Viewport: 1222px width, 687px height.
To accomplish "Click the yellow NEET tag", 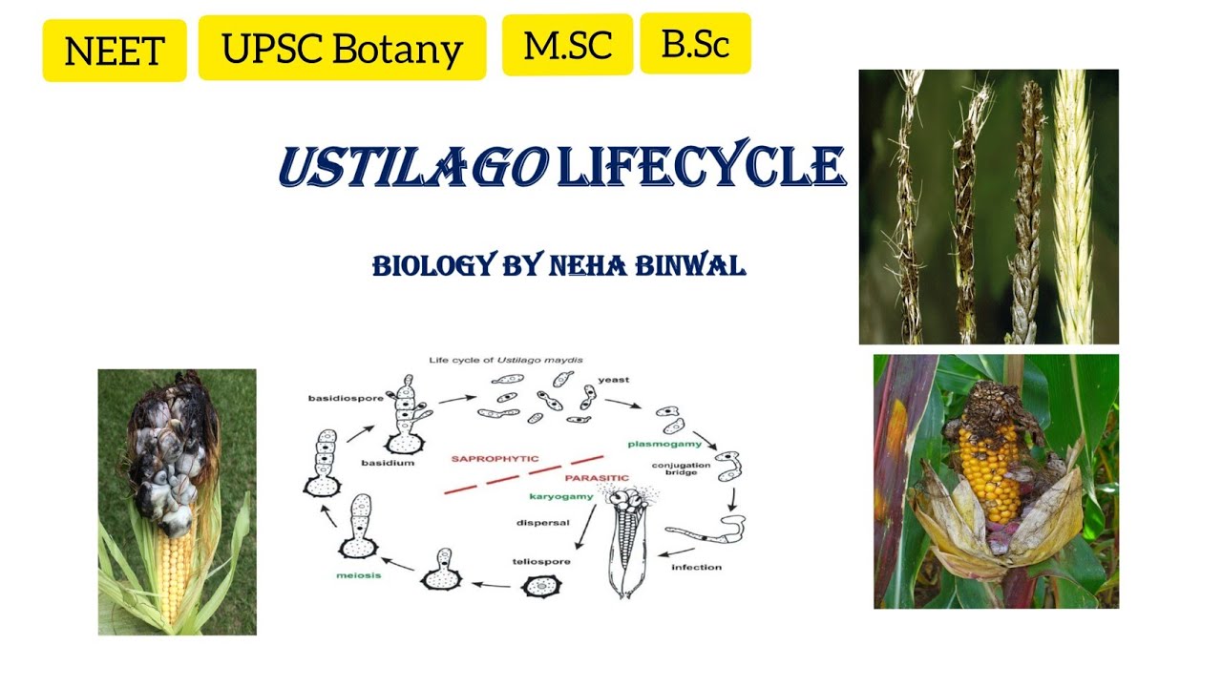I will click(115, 50).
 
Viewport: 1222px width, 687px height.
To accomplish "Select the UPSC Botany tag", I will click(342, 48).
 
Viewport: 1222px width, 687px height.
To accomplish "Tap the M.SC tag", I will click(567, 45).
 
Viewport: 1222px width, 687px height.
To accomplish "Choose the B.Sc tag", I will click(695, 44).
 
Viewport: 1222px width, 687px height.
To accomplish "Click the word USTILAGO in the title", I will click(412, 167).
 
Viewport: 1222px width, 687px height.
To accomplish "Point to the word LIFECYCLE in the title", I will click(701, 167).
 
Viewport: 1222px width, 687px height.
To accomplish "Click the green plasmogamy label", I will click(664, 444).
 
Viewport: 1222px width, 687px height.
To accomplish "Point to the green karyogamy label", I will click(561, 496).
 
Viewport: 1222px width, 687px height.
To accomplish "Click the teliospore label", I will click(541, 561).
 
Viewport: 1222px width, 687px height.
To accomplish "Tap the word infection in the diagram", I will click(696, 568).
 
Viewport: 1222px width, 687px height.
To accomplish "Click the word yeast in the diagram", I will click(613, 380).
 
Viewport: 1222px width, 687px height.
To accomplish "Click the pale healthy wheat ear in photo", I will click(1074, 205).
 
